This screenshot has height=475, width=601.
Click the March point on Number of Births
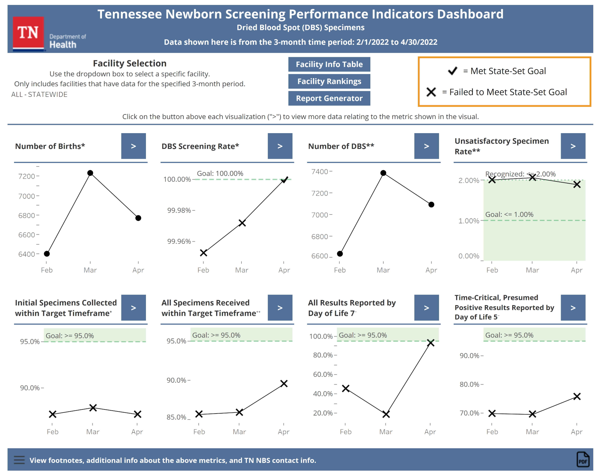(90, 173)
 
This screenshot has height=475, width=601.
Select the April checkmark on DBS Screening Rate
(284, 180)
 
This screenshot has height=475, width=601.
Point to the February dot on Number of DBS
(340, 254)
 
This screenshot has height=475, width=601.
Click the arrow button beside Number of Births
(133, 146)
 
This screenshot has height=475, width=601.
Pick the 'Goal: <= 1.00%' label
(509, 214)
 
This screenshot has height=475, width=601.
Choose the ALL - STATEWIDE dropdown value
(39, 95)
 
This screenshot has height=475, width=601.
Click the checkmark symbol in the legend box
(453, 71)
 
